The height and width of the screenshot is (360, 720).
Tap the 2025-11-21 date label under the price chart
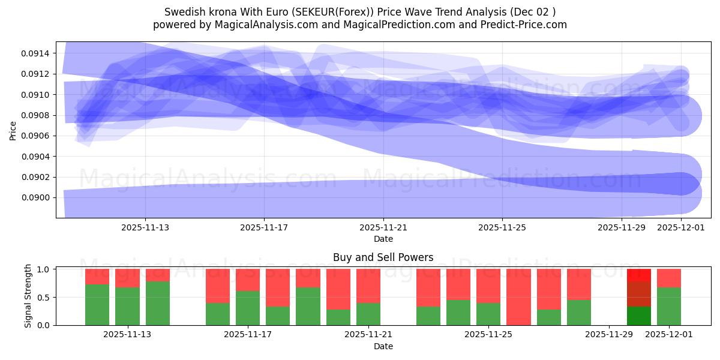pyautogui.click(x=383, y=227)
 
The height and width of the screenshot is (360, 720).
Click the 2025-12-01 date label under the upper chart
pyautogui.click(x=681, y=227)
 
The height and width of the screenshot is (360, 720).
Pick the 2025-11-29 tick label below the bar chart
pyautogui.click(x=609, y=335)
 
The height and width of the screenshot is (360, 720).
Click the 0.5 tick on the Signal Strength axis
pyautogui.click(x=44, y=298)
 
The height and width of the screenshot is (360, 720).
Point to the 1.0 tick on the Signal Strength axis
pyautogui.click(x=44, y=269)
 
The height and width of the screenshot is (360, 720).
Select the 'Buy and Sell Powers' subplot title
pyautogui.click(x=383, y=257)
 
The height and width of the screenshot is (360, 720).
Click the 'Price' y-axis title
pyautogui.click(x=13, y=130)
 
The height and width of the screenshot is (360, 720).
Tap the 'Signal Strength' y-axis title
pyautogui.click(x=28, y=296)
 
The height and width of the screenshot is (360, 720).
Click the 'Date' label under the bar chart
pyautogui.click(x=383, y=346)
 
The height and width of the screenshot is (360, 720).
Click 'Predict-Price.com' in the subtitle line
pyautogui.click(x=526, y=25)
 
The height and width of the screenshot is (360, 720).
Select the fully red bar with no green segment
pyautogui.click(x=518, y=297)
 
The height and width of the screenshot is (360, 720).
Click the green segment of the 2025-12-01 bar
pyautogui.click(x=669, y=306)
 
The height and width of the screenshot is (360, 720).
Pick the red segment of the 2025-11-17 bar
pyautogui.click(x=248, y=280)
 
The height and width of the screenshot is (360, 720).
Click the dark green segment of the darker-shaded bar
pyautogui.click(x=639, y=316)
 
